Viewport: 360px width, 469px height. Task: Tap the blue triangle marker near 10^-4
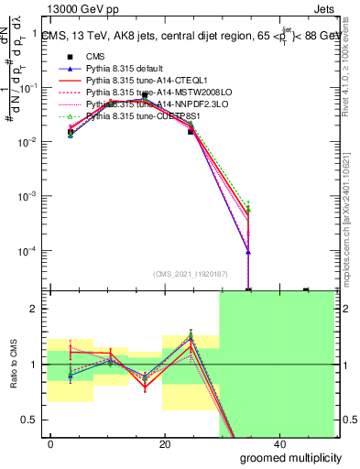click(248, 252)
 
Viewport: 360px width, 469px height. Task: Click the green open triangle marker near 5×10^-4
click(248, 210)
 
